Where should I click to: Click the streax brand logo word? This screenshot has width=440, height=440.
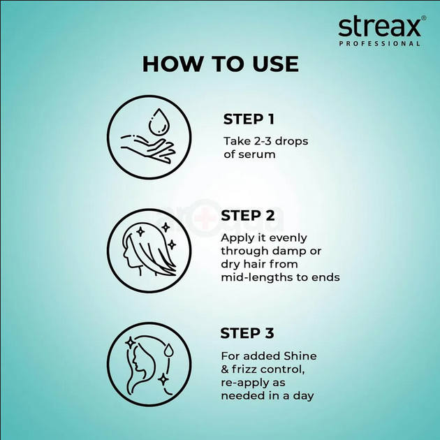coord(379,27)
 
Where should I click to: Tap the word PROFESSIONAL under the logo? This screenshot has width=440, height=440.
coord(380,44)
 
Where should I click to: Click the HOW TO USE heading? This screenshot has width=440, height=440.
coord(220,64)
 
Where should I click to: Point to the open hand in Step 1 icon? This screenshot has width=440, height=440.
coord(147,147)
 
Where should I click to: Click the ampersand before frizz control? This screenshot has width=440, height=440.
coord(225,369)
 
